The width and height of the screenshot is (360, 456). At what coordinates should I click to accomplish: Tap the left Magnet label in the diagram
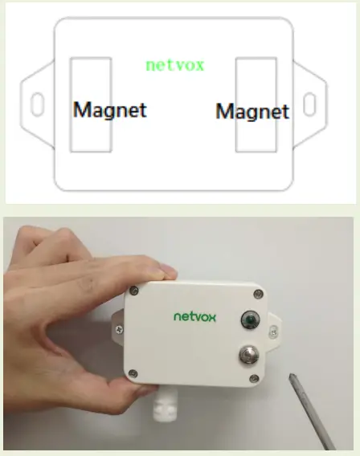110,109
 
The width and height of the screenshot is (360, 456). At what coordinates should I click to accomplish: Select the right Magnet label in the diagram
252,111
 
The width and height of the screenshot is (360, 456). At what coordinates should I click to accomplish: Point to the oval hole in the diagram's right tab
309,104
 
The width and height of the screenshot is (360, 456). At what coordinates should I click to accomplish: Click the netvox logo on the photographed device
195,316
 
